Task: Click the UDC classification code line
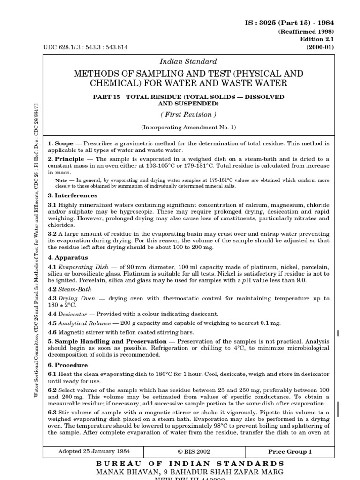point(85,47)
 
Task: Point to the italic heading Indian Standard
point(188,61)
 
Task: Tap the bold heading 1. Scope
point(60,142)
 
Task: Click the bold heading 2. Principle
point(65,160)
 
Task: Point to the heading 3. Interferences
point(73,195)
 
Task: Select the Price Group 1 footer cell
point(289,452)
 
